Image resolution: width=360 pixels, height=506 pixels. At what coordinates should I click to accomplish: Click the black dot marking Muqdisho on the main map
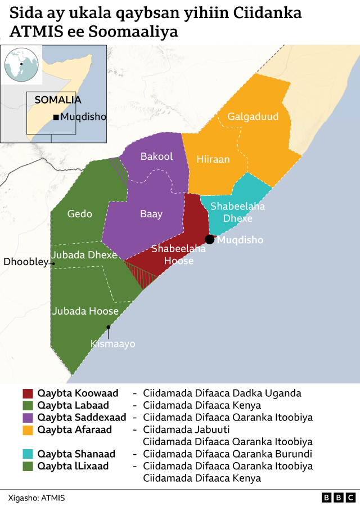(x=210, y=239)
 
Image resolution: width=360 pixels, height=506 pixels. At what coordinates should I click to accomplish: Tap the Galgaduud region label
(x=253, y=117)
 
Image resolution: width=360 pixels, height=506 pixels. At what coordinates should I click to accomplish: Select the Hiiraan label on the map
(x=213, y=159)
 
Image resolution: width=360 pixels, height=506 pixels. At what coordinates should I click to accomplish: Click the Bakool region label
(x=156, y=156)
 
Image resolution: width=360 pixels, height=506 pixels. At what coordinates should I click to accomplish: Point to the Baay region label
(x=151, y=214)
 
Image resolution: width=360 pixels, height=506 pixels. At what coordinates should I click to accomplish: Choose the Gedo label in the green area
(x=79, y=214)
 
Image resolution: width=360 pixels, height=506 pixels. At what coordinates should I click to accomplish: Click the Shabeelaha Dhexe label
(x=237, y=212)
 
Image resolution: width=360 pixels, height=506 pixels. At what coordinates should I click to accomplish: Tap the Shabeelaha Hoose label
(x=178, y=254)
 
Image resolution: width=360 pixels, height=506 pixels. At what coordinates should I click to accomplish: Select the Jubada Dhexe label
(x=84, y=254)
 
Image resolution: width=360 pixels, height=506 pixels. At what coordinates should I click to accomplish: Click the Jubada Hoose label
(x=85, y=311)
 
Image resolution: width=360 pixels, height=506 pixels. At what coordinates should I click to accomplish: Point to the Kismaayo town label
(x=112, y=343)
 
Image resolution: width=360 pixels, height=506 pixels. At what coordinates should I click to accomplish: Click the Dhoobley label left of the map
(x=26, y=262)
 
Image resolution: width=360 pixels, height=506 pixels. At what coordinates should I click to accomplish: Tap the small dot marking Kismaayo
(x=108, y=326)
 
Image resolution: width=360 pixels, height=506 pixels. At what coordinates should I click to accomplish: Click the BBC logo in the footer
(x=338, y=498)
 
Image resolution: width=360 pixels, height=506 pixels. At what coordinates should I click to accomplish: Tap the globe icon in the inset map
(x=21, y=65)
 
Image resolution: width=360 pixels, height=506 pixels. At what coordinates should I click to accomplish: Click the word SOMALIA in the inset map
(x=58, y=100)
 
